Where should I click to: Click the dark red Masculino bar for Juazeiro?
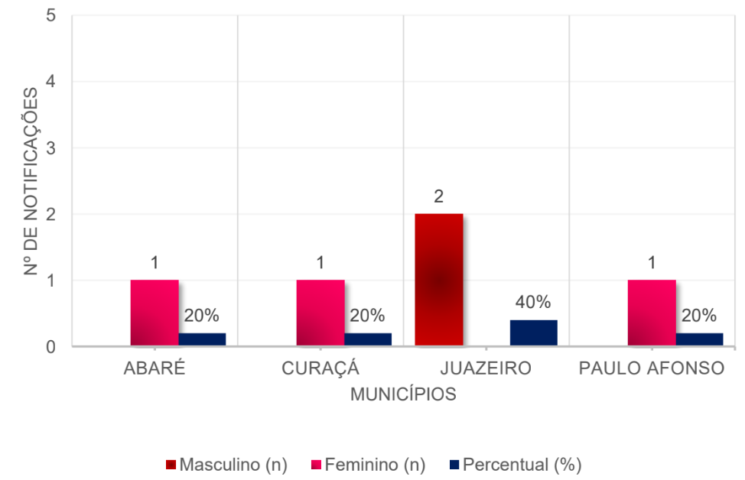(x=439, y=280)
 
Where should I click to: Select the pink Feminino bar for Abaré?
(x=155, y=313)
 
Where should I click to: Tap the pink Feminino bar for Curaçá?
(x=320, y=313)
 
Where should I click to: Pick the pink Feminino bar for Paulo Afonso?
(x=652, y=313)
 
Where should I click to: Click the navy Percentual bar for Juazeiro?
(x=533, y=333)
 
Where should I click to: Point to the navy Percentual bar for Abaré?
(x=202, y=339)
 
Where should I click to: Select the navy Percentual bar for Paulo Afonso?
(x=699, y=339)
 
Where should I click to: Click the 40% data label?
(x=533, y=303)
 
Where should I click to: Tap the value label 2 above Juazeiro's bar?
(x=439, y=196)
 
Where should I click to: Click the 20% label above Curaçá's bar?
(x=367, y=316)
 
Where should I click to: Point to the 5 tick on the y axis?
(x=50, y=15)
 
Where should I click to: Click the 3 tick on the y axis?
(x=50, y=148)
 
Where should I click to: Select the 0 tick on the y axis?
(x=50, y=347)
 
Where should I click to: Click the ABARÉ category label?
(x=155, y=368)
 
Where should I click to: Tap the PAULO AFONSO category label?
(x=652, y=368)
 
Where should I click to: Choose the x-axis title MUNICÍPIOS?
(x=403, y=394)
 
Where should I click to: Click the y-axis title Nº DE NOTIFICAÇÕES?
(x=31, y=181)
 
